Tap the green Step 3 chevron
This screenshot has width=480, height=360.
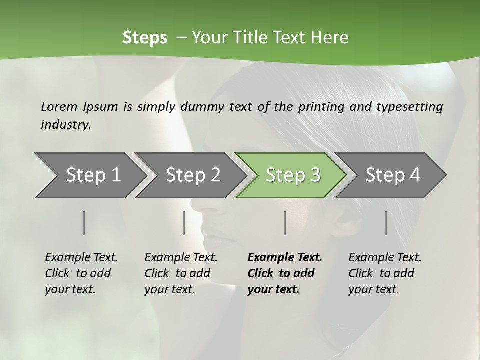[x=293, y=175]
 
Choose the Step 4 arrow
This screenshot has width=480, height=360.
[x=393, y=175]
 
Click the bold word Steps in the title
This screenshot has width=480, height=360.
[x=145, y=37]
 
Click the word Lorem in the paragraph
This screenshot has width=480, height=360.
[x=59, y=106]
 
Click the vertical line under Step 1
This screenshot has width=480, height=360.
[x=84, y=223]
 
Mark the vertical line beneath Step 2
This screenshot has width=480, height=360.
[x=184, y=223]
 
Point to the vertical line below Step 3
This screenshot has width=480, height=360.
[x=285, y=223]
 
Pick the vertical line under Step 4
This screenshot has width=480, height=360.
[x=386, y=223]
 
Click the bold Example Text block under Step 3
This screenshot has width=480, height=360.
[x=285, y=273]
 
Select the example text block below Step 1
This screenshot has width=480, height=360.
[x=81, y=273]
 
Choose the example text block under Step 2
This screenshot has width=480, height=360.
[x=181, y=273]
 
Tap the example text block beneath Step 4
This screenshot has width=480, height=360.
[x=385, y=273]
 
